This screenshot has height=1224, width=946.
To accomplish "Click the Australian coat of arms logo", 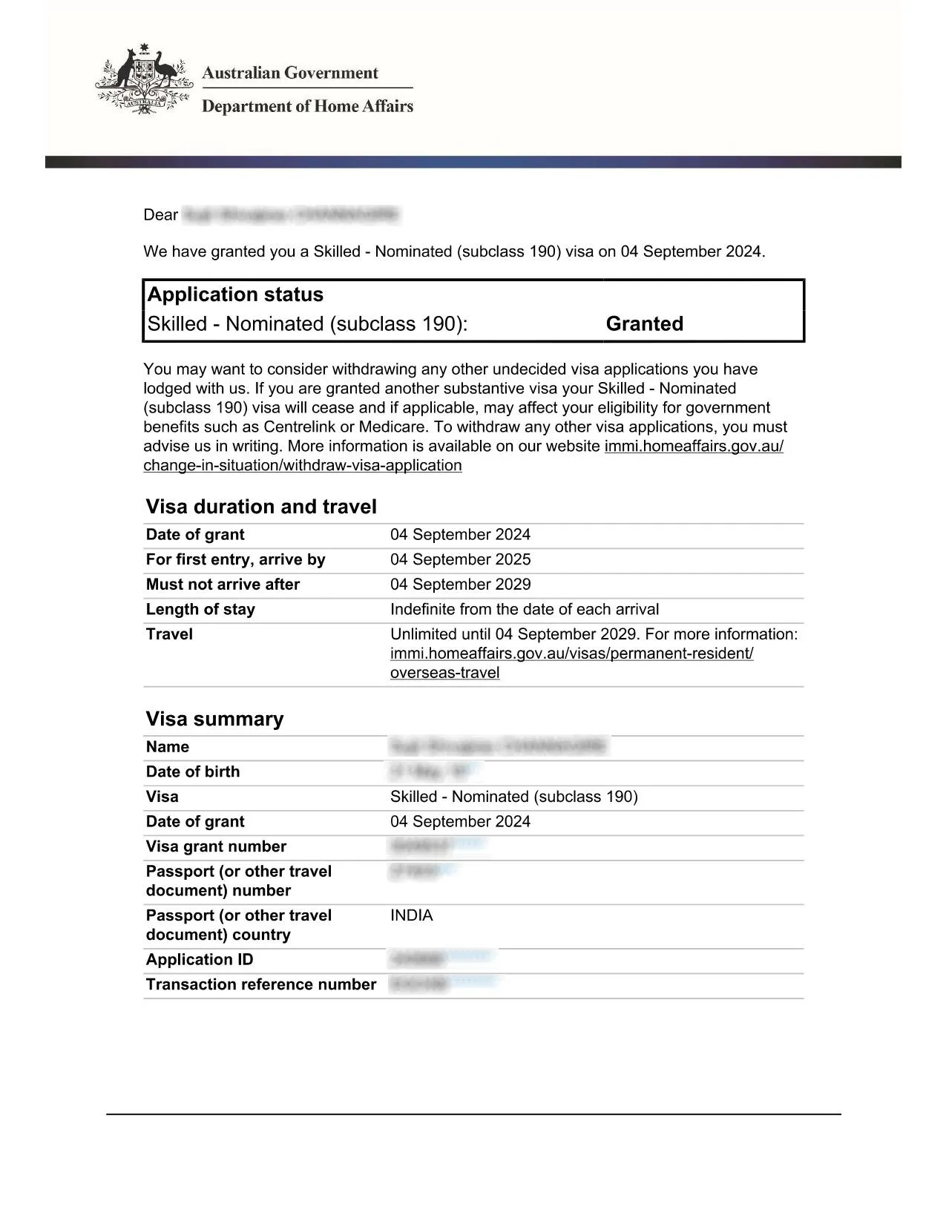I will pos(143,79).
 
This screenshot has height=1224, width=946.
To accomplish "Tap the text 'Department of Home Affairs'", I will pos(307,106).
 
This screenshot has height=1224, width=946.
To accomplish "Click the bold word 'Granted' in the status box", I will pos(644,323).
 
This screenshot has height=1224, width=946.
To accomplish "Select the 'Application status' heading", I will pos(235,295).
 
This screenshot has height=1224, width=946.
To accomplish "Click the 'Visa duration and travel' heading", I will pos(261,507).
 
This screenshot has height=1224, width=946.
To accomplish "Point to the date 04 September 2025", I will pos(460,559).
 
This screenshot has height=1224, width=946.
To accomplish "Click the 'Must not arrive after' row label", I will pos(223,585).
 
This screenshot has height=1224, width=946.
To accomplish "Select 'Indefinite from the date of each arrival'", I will pos(524,609).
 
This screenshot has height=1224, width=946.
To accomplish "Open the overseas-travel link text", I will pos(444,673).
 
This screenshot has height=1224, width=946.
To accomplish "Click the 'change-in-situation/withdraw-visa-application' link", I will pos(303,465).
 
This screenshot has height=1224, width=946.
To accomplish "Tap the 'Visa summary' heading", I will pos(214,719).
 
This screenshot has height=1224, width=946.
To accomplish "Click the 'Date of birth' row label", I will pos(193,771).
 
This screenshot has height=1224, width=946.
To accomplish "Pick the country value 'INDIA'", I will pos(411,915).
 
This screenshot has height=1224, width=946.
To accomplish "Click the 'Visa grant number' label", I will pos(216,846).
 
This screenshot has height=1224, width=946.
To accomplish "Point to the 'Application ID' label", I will pos(200,959).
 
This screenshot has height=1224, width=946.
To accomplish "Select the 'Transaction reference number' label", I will pos(261,984).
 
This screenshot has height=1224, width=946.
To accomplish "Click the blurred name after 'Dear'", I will pos(290,215).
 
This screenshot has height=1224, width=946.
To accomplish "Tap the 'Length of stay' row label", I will pos(200,609).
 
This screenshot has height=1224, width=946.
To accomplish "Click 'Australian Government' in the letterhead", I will pos(290,73).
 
